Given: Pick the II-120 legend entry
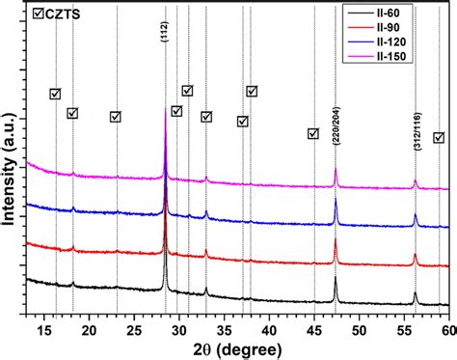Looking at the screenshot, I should [404, 44].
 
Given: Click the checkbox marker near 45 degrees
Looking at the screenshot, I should [312, 133].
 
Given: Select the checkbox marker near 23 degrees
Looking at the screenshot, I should [115, 117].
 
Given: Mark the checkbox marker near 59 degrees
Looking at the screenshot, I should [439, 138].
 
